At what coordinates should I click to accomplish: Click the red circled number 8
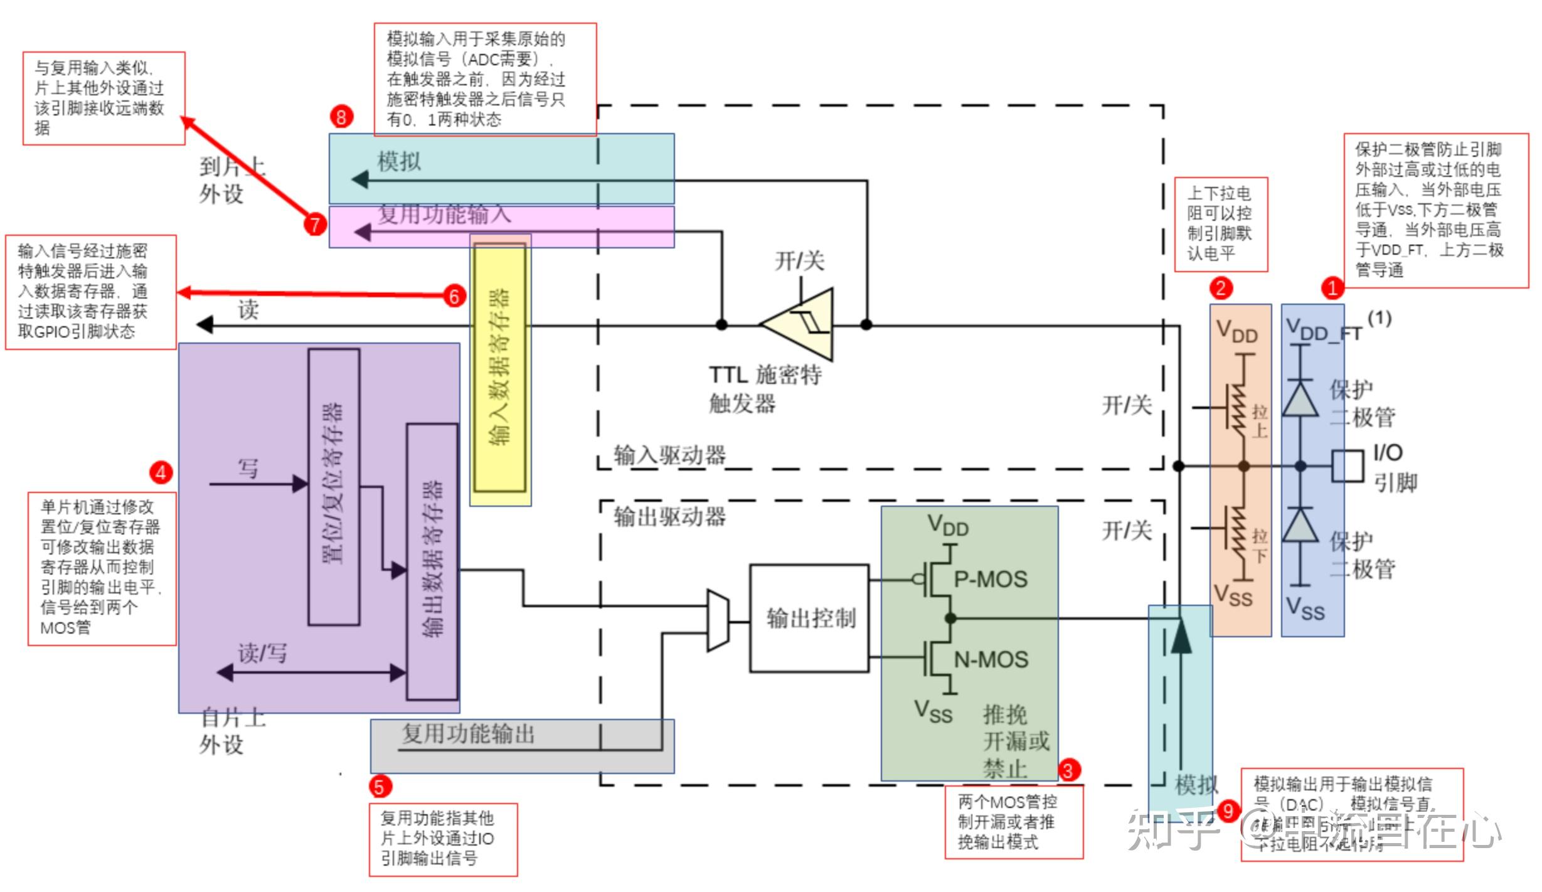pos(341,117)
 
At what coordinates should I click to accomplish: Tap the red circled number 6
pos(454,296)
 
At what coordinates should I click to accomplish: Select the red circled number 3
pos(1069,770)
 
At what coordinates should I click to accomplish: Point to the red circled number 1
pos(1332,288)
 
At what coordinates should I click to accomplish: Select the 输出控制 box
pos(810,619)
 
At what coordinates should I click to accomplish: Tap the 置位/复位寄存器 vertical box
pos(334,487)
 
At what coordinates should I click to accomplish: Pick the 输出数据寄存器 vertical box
pos(432,561)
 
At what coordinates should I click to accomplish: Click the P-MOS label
pos(991,579)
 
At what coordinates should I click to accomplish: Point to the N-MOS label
pos(991,659)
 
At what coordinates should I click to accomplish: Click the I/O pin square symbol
pos(1347,466)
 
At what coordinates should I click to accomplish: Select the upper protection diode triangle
pos(1300,399)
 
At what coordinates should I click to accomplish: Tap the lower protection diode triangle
pos(1300,526)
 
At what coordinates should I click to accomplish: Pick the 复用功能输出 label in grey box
pos(468,733)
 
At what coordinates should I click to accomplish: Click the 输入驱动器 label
pos(669,455)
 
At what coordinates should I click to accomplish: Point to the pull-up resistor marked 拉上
pos(1238,409)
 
